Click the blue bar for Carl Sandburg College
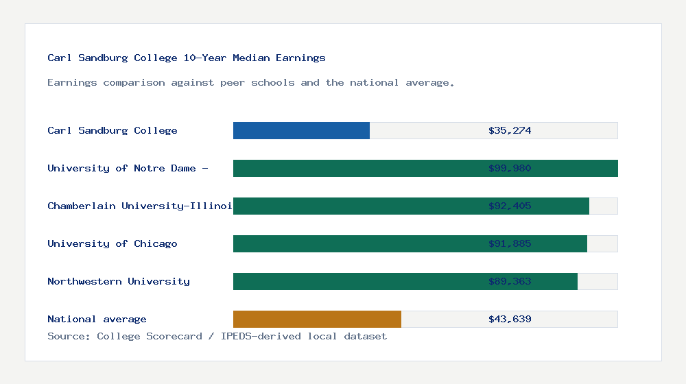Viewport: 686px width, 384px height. tap(301, 130)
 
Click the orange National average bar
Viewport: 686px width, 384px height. tap(317, 319)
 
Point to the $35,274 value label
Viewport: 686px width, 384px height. tap(510, 130)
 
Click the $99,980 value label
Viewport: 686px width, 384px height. tap(510, 168)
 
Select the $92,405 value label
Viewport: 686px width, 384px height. tap(510, 206)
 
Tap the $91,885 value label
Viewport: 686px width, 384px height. tap(510, 243)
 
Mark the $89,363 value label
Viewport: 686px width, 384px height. tap(510, 281)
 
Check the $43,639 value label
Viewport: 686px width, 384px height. tap(510, 319)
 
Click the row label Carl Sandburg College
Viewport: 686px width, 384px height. tap(113, 130)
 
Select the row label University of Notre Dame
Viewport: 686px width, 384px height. tap(128, 168)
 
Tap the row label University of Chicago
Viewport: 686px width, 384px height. tap(113, 243)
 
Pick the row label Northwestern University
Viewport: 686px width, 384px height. tap(119, 281)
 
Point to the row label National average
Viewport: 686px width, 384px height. tap(97, 319)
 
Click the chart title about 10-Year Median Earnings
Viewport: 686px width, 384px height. tap(187, 58)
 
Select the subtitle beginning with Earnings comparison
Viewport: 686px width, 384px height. tap(251, 82)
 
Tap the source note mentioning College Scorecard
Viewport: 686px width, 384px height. tap(217, 336)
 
